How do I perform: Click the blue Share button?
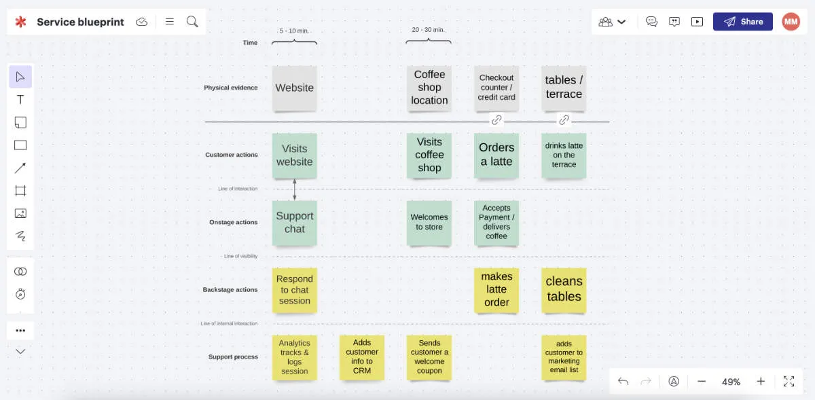742,22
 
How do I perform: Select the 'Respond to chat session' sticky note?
294,290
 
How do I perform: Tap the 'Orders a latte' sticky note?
496,155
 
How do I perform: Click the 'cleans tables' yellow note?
564,289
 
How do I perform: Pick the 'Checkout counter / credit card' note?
496,88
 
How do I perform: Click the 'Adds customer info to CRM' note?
362,357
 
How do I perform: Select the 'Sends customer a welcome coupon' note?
429,357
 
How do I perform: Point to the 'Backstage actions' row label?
230,290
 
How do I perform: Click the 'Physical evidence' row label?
231,88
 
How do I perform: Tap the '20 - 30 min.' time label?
429,30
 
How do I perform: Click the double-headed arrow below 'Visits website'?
294,189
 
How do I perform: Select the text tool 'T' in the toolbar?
20,100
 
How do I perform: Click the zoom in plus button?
761,382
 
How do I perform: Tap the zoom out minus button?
702,382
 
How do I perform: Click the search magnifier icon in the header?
192,22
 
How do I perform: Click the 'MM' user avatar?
791,22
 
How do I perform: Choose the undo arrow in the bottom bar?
623,382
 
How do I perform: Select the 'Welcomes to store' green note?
429,223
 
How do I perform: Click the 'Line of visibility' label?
240,256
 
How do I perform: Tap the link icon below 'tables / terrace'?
564,120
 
